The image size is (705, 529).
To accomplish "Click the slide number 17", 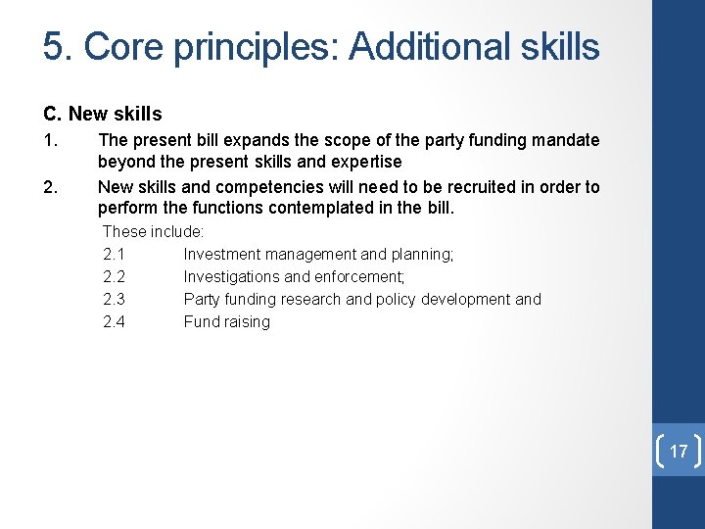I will point(678,452).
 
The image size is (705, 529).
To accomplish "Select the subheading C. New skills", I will point(103,115).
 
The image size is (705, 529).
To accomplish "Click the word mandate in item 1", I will point(565,140).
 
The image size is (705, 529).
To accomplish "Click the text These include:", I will point(153,232).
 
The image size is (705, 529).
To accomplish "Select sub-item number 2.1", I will point(114,255).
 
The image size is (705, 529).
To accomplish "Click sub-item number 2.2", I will point(114,277).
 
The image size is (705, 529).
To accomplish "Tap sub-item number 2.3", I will point(114,300).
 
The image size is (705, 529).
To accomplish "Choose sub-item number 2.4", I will point(114,322).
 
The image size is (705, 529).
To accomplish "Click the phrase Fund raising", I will point(226,322).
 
